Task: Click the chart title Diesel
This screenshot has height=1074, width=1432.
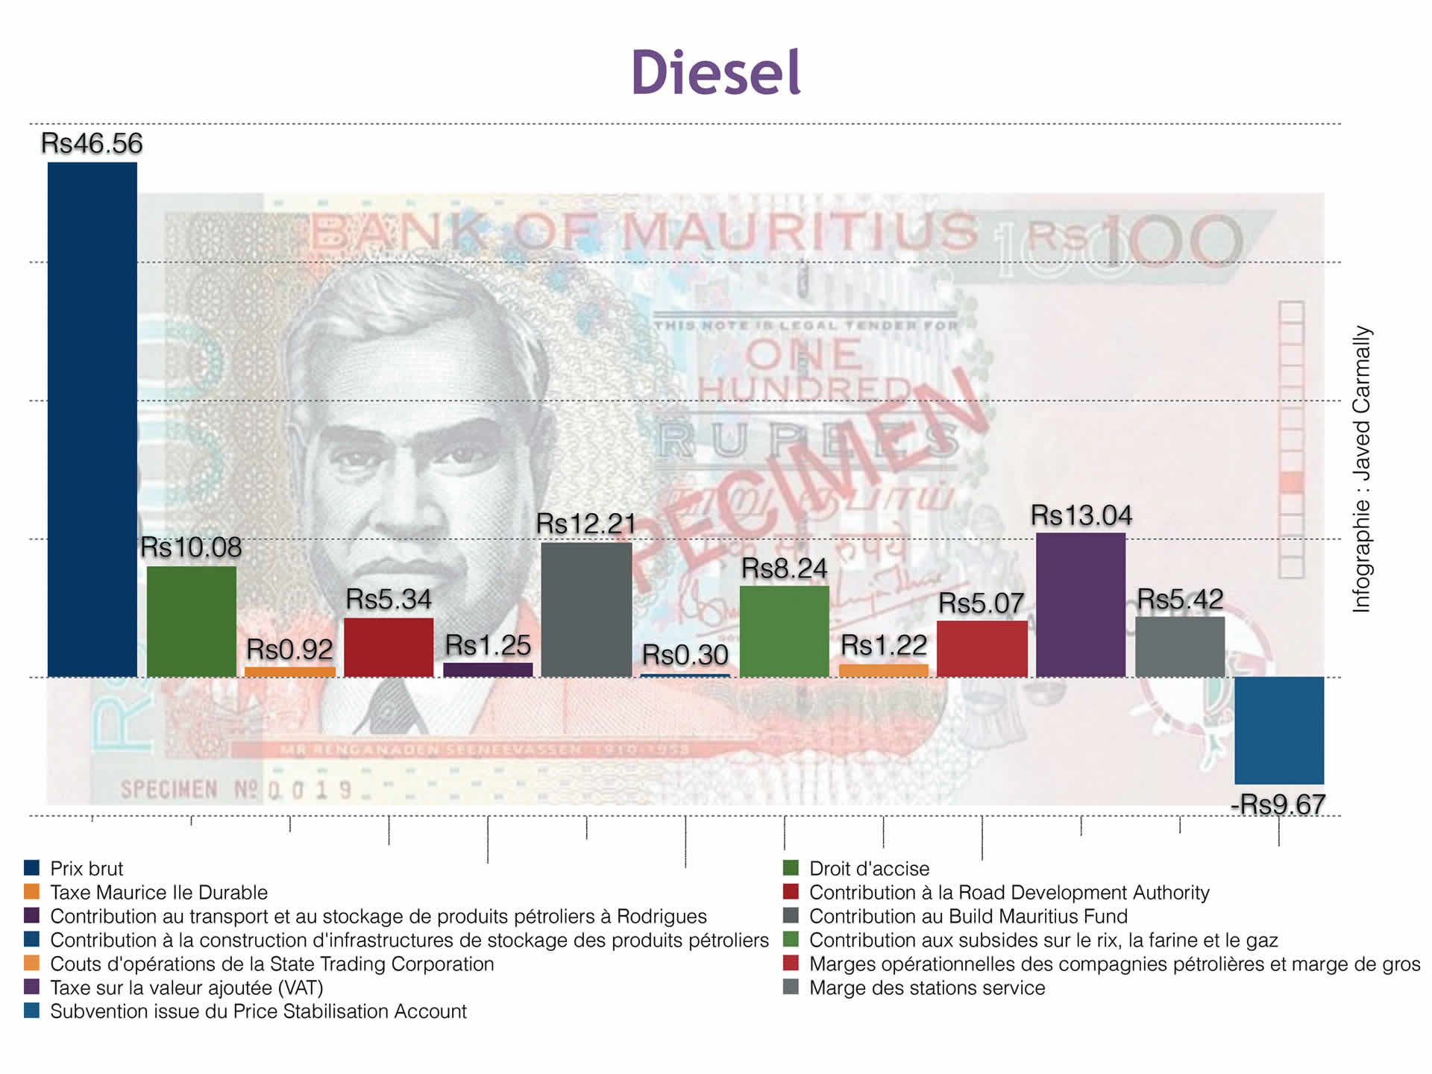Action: click(715, 73)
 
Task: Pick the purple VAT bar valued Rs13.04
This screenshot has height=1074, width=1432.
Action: click(1081, 605)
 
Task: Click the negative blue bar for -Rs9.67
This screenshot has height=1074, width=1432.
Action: click(1278, 730)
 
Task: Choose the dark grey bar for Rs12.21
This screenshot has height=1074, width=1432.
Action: click(586, 609)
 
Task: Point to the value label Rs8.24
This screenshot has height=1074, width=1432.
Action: click(784, 569)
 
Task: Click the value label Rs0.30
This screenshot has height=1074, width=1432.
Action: click(685, 655)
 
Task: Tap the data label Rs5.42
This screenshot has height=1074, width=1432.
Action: click(1179, 599)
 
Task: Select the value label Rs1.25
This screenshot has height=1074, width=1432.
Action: click(488, 645)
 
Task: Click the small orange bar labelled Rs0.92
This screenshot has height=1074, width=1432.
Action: click(290, 672)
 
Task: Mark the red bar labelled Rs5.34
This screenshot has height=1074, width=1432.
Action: click(389, 647)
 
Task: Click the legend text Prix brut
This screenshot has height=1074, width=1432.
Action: click(87, 868)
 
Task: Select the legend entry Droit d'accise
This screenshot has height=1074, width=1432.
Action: click(869, 868)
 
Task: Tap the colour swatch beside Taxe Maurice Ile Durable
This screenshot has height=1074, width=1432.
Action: click(31, 891)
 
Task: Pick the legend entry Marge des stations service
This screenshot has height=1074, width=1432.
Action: click(926, 987)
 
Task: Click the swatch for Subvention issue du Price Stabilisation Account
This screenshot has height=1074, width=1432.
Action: click(31, 1011)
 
